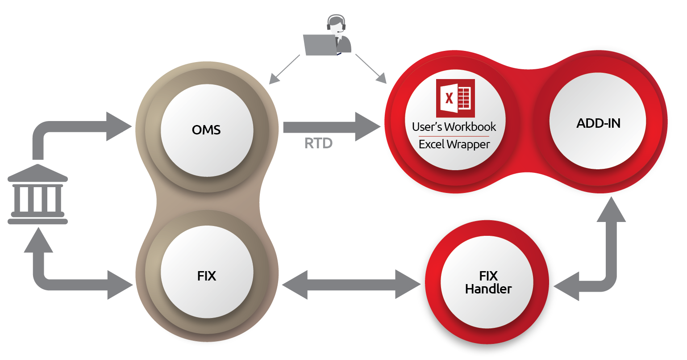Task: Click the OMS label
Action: click(206, 130)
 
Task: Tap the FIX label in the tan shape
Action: click(206, 276)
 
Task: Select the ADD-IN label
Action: click(598, 123)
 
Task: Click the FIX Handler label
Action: click(488, 282)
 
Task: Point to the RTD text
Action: click(318, 143)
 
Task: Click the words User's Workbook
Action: click(454, 127)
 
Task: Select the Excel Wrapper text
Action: click(454, 144)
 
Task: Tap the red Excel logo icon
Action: click(455, 98)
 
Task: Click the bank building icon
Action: click(38, 194)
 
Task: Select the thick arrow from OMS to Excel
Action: click(330, 127)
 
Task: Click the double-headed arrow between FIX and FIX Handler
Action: click(351, 285)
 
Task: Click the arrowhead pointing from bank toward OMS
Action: click(118, 127)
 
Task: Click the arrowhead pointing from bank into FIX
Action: click(120, 285)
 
